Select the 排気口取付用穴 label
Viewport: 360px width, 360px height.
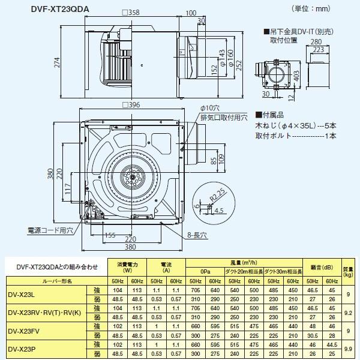click(223, 118)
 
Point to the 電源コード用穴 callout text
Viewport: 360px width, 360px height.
click(49, 230)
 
